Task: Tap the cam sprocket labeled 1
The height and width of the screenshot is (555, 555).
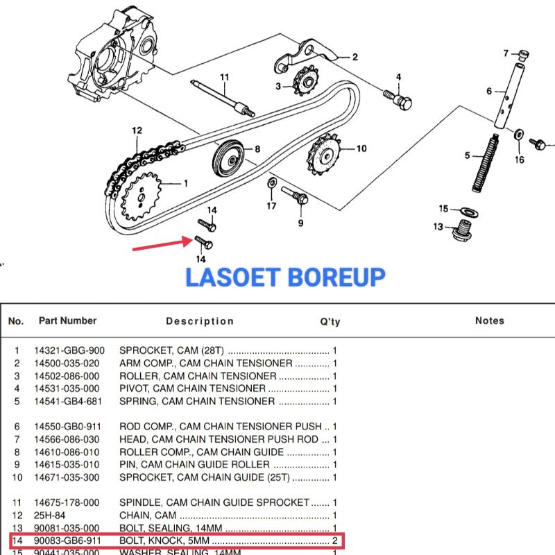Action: [143, 196]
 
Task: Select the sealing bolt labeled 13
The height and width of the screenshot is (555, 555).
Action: [460, 230]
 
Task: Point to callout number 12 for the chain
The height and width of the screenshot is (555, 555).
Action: [137, 130]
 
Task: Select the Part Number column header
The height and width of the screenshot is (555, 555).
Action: [67, 321]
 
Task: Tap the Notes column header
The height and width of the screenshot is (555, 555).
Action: [489, 321]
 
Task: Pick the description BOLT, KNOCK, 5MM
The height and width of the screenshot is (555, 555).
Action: [165, 540]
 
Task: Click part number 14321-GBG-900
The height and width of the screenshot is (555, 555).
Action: [69, 350]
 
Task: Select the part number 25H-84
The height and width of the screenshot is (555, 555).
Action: [51, 515]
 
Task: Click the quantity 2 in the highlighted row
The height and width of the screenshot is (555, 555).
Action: [334, 540]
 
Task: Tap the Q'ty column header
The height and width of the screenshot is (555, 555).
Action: [330, 321]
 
